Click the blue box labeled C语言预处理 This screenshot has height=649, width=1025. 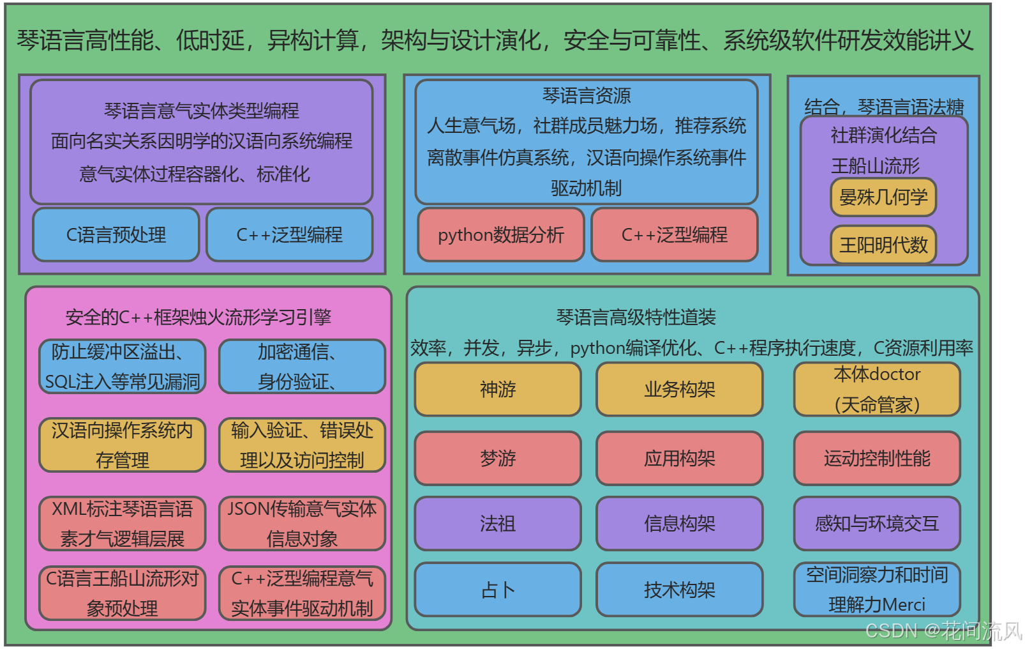116,235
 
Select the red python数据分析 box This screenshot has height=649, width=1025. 501,235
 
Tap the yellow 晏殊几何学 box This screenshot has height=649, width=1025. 883,197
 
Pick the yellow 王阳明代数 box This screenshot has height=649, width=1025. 883,245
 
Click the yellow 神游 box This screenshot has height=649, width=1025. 498,389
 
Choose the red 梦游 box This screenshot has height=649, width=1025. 498,458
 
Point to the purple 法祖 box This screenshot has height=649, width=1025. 498,524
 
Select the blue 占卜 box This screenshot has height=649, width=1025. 498,590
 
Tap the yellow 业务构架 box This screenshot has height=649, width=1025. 680,389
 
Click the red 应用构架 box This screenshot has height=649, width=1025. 680,458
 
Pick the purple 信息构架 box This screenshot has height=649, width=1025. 680,524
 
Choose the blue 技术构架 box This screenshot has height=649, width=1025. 680,590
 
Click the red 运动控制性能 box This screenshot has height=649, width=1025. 877,458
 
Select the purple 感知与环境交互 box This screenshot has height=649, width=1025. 877,524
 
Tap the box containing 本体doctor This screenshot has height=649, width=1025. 877,389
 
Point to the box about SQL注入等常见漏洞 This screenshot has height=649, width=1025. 123,367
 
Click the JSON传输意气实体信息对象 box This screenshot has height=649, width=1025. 302,524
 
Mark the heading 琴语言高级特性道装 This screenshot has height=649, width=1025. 636,317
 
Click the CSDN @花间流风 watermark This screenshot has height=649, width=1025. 943,631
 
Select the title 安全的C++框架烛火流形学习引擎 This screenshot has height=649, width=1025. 198,317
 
